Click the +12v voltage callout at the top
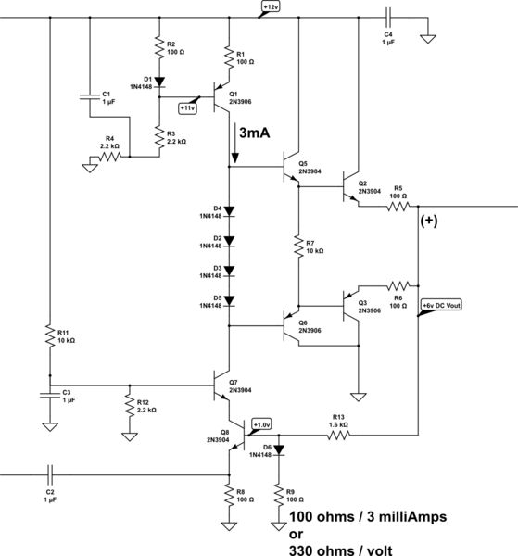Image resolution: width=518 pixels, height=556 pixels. pyautogui.click(x=270, y=7)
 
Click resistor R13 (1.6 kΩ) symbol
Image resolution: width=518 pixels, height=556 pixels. pyautogui.click(x=337, y=434)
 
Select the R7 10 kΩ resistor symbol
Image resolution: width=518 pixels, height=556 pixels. pyautogui.click(x=298, y=246)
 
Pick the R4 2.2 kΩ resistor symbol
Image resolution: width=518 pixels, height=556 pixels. pyautogui.click(x=108, y=158)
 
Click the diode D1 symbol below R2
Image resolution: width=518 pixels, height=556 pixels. pyautogui.click(x=159, y=82)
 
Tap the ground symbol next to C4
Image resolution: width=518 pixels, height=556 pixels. pyautogui.click(x=428, y=40)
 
